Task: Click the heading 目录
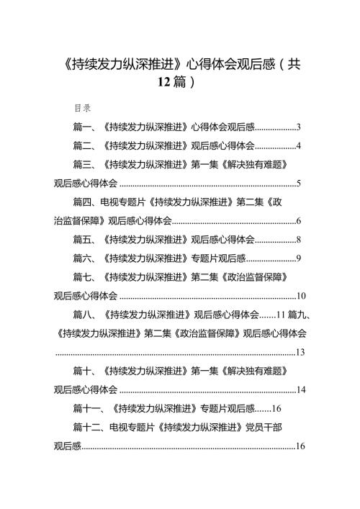pos(83,108)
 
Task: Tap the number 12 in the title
pos(164,82)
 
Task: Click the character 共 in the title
pos(294,64)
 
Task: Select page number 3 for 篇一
pos(298,127)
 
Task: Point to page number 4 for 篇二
pos(298,145)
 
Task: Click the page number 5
pos(298,184)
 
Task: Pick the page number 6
pos(298,221)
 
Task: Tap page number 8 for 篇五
pos(298,240)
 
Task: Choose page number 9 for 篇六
pos(298,258)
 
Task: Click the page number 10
pos(301,296)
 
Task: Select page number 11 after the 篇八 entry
pos(281,315)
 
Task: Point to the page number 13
pos(300,352)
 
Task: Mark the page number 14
pos(301,390)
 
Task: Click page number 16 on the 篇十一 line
pos(276,409)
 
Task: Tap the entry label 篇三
pos(82,165)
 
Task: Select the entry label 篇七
pos(82,277)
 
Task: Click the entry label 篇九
pos(297,315)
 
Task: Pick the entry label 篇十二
pos(86,428)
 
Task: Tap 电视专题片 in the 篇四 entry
pos(122,202)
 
